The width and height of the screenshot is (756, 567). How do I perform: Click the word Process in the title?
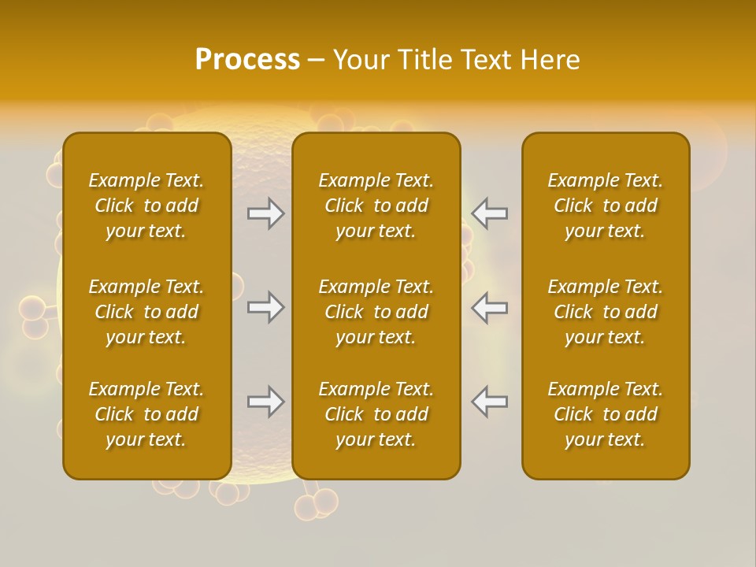click(x=247, y=60)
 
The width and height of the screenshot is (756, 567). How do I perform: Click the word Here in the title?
click(x=550, y=60)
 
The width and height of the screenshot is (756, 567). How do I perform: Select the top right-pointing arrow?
click(x=266, y=213)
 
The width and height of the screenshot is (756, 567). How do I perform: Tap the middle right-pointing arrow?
click(x=266, y=307)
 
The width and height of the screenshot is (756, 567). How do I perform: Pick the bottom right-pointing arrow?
click(x=266, y=402)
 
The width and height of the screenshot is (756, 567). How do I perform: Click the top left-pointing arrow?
click(x=489, y=213)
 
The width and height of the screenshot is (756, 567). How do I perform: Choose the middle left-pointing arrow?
click(x=489, y=307)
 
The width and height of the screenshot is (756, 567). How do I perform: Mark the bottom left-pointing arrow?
click(x=489, y=402)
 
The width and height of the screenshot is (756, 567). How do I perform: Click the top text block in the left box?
click(x=146, y=206)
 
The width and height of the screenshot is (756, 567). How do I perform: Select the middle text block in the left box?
click(x=146, y=312)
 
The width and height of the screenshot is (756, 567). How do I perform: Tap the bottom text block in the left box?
click(x=146, y=414)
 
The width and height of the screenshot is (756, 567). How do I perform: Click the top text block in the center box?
click(x=376, y=206)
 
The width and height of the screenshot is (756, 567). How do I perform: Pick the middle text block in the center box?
click(x=376, y=312)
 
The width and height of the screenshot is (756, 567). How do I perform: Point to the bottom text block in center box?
click(x=376, y=414)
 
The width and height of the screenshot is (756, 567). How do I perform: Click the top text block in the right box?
click(x=605, y=206)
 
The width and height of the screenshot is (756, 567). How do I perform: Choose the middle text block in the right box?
click(x=605, y=312)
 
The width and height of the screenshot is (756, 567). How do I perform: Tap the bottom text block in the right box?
click(x=605, y=414)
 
